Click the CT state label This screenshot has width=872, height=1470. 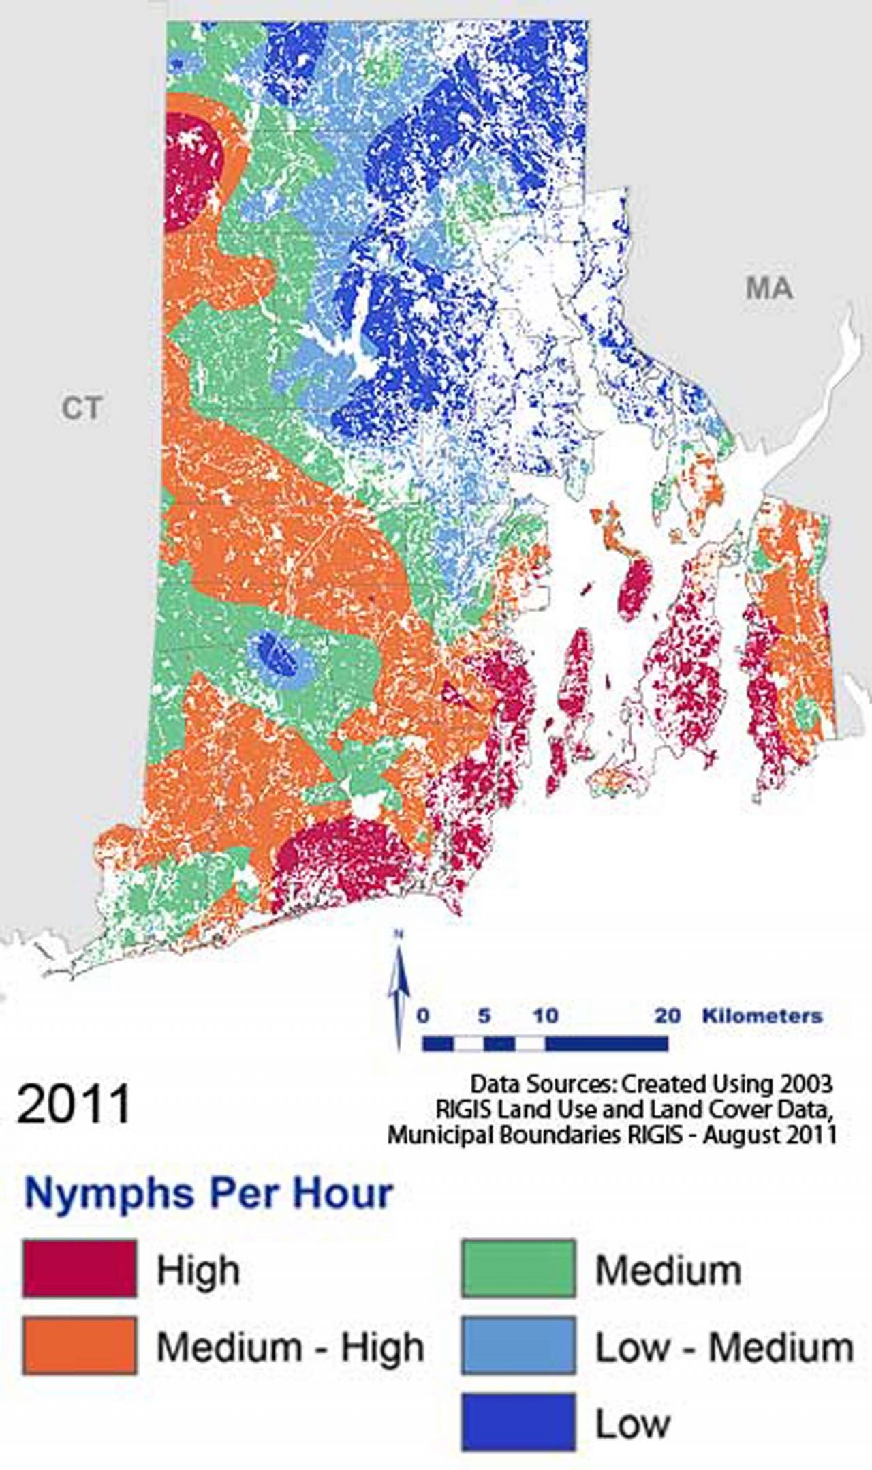82,408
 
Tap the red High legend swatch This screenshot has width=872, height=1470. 79,1269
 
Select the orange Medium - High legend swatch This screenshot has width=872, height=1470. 79,1345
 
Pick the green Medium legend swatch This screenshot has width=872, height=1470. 518,1269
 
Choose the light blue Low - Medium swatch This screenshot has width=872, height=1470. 518,1345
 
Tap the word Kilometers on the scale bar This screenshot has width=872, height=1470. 762,1015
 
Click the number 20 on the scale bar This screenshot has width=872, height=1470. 668,1016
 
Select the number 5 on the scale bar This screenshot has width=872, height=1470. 484,1016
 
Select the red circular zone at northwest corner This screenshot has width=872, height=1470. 193,170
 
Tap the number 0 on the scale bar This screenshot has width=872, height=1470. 423,1016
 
